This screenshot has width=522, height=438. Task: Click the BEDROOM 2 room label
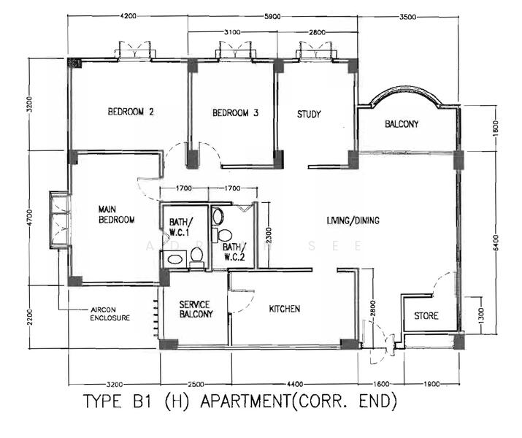coord(131,112)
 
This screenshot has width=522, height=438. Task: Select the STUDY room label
coord(309,114)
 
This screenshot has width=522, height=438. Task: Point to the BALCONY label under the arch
coord(402,124)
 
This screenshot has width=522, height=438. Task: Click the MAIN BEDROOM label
coord(116,215)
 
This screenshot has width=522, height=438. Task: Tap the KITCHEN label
coord(284,309)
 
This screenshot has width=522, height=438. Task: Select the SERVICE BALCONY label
coord(195,310)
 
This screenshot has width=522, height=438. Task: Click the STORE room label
coord(426,316)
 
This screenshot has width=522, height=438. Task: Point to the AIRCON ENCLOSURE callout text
coord(110,314)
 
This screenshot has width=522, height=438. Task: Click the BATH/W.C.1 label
coord(180,227)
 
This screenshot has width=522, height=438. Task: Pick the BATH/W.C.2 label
coord(234,251)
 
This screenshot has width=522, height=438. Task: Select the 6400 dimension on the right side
coord(495,242)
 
